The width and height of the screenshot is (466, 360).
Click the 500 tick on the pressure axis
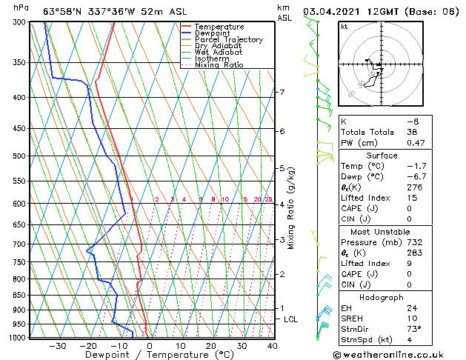(x=17, y=156)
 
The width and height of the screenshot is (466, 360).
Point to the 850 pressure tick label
(x=17, y=295)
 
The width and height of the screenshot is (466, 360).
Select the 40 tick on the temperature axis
(x=273, y=346)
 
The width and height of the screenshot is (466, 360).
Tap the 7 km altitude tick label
(x=281, y=93)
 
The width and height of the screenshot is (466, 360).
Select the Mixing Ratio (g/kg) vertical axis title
(x=291, y=208)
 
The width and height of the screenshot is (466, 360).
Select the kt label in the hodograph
(x=344, y=26)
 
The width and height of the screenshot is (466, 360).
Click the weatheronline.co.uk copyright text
(x=400, y=354)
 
